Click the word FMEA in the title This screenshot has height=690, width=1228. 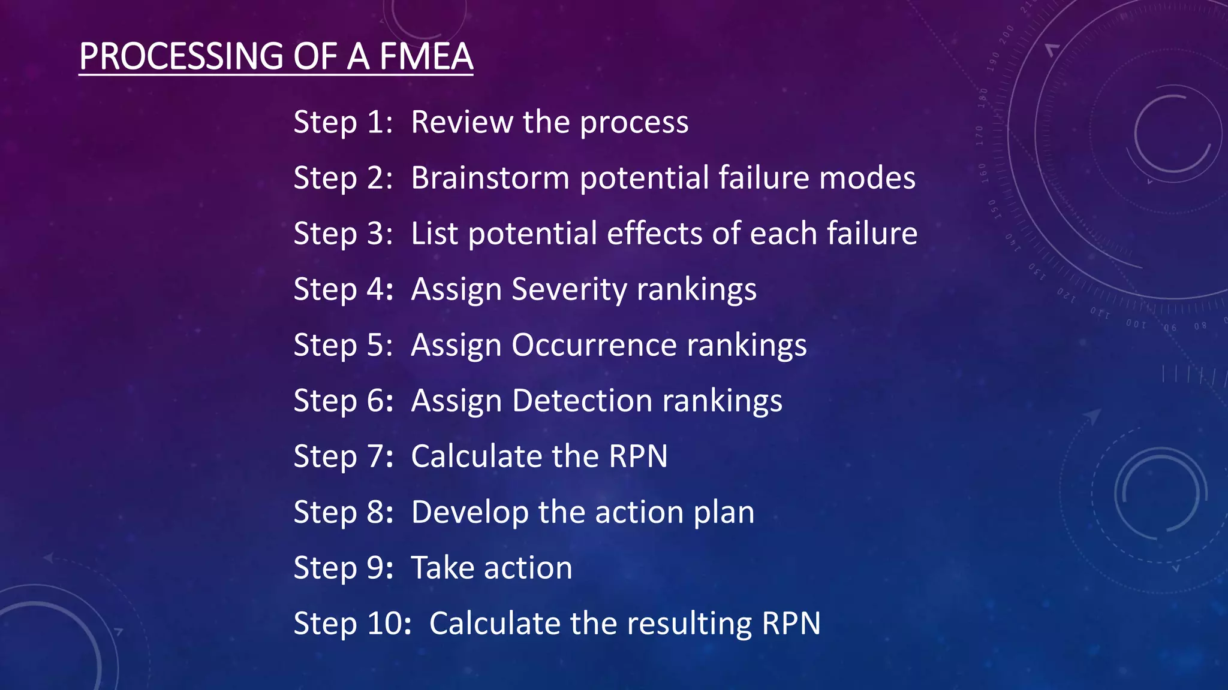click(x=426, y=57)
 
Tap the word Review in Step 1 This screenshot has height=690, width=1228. click(x=462, y=122)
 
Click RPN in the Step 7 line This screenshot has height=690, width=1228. click(x=638, y=456)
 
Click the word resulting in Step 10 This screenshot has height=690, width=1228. click(x=690, y=624)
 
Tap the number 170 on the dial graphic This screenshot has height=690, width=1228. click(x=980, y=135)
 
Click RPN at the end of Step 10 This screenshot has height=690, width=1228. click(x=791, y=624)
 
